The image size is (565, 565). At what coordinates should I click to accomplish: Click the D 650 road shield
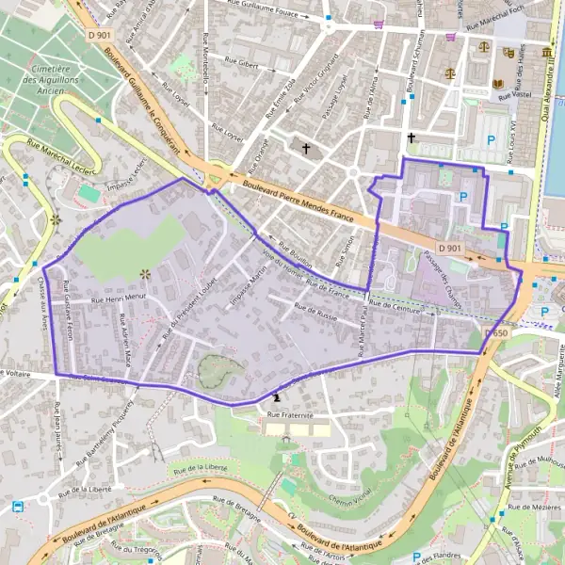(497, 333)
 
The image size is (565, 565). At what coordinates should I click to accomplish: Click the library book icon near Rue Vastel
(498, 83)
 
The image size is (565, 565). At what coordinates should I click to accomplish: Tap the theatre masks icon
(508, 53)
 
